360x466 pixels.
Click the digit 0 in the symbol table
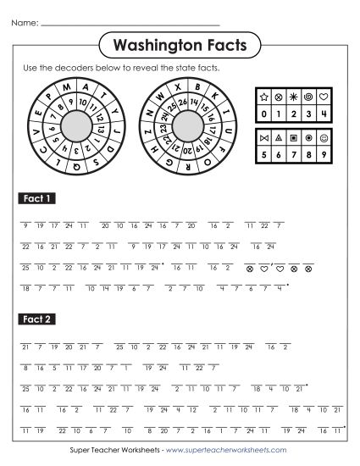263,111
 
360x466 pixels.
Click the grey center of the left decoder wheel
78,127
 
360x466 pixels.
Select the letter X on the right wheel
177,86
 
